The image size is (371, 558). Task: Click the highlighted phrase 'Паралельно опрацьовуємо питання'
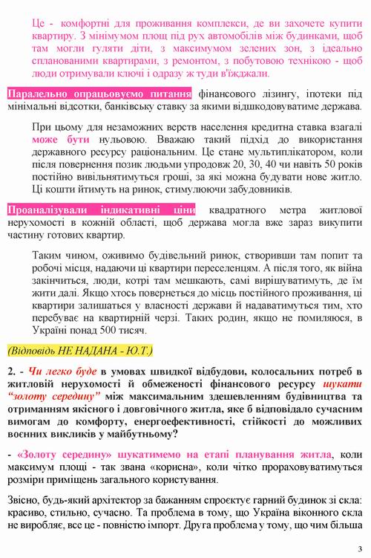[x=99, y=94]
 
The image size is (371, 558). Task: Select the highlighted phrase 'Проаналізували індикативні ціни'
[x=101, y=210]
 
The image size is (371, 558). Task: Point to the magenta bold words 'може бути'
[x=56, y=139]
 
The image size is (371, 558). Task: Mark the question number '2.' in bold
[x=13, y=372]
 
